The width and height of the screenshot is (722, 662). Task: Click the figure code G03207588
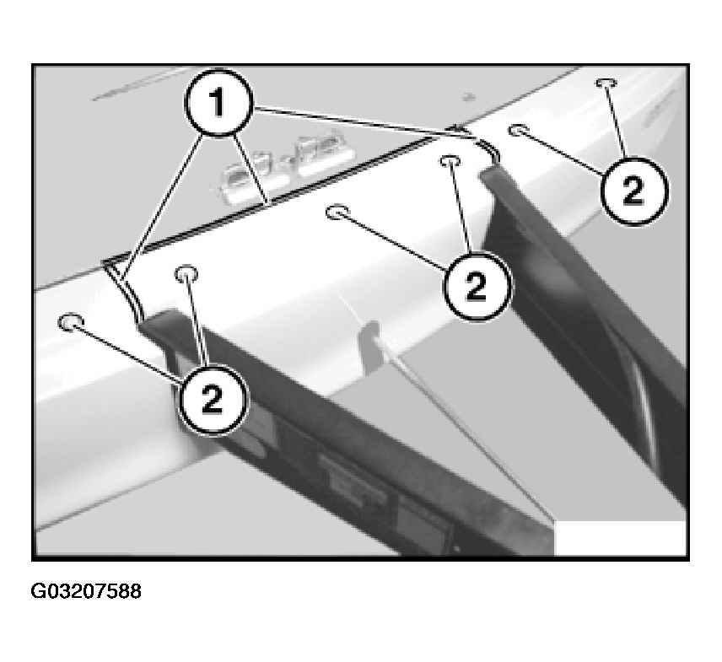click(86, 591)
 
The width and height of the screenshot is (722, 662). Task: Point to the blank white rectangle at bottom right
click(620, 538)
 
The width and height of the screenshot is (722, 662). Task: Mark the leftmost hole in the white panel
click(72, 321)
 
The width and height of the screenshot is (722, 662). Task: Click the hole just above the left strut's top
click(186, 272)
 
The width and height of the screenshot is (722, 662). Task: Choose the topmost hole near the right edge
click(606, 83)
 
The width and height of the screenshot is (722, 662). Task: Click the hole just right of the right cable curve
click(519, 130)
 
